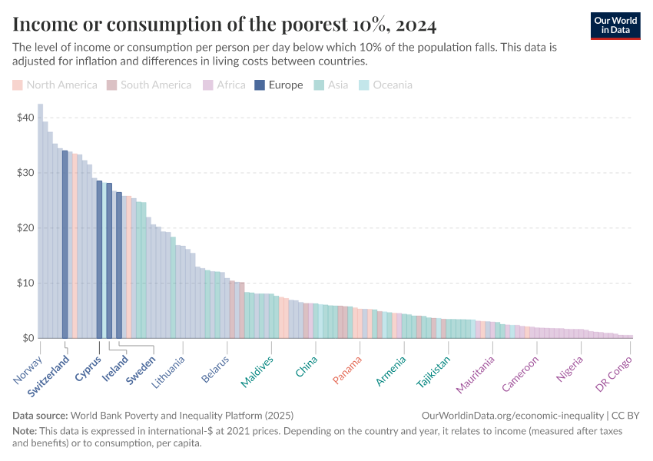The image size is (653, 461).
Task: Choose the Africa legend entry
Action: tap(224, 85)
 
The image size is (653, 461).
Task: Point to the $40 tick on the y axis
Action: tap(25, 118)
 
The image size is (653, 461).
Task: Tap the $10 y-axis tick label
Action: tap(25, 283)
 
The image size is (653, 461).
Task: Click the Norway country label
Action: tap(28, 370)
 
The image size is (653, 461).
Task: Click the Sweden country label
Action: tap(141, 368)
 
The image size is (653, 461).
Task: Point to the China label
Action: tap(307, 366)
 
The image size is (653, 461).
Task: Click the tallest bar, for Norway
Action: tap(40, 223)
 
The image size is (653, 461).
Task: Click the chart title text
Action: tap(224, 25)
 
